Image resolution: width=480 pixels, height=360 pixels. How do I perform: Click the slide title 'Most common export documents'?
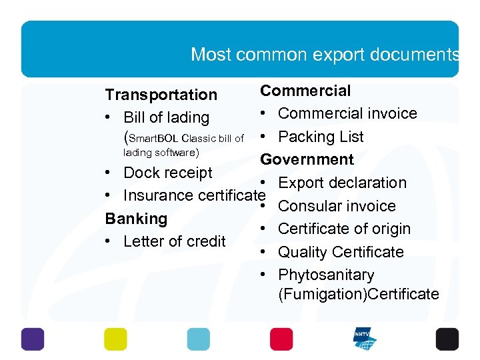[325, 54]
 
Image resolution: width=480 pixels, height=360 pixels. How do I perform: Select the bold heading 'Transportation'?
[161, 95]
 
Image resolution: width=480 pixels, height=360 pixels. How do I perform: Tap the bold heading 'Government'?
[307, 159]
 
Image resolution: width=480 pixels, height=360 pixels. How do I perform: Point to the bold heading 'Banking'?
[136, 219]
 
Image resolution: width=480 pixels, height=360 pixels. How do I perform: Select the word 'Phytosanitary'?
[326, 275]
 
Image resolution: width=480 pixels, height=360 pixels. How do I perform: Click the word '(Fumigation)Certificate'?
[359, 294]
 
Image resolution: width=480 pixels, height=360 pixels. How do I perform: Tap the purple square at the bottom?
[33, 339]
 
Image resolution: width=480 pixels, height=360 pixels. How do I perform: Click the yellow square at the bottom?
[115, 339]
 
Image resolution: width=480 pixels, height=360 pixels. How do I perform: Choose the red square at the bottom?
[281, 339]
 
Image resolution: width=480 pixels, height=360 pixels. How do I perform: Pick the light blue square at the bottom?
[198, 339]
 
